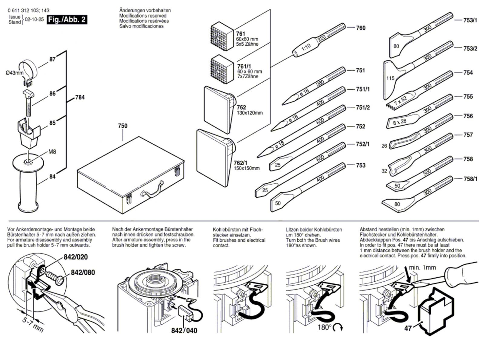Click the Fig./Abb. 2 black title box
[x=67, y=20]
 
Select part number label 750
[x=123, y=126]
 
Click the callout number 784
[x=80, y=97]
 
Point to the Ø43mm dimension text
[x=15, y=73]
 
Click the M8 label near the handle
[x=52, y=152]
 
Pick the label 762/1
[x=240, y=163]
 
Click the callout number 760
[x=361, y=28]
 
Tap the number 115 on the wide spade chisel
[x=390, y=78]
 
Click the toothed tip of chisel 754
[x=391, y=105]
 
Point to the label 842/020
[x=76, y=257]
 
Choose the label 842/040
[x=184, y=330]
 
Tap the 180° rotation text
[x=325, y=327]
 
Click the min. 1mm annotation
[x=422, y=267]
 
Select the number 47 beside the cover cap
[x=408, y=328]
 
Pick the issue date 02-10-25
[x=34, y=19]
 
